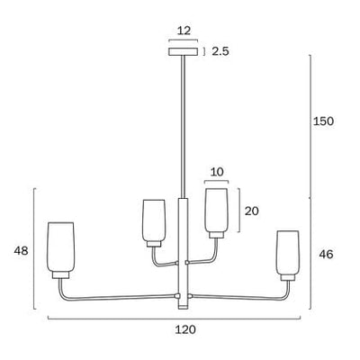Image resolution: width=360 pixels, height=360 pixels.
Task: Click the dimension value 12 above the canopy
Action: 184,31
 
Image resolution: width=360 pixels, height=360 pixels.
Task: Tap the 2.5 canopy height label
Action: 220,51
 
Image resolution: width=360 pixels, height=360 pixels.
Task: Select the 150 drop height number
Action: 324,121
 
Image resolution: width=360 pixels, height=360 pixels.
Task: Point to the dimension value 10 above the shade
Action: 215,172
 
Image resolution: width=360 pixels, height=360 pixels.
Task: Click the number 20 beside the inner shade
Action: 252,210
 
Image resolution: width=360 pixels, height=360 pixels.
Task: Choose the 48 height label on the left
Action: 22,254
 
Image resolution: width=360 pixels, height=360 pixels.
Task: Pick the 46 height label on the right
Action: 326,255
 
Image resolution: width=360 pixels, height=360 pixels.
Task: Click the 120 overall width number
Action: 185,330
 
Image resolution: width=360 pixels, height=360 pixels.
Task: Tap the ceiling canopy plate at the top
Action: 184,51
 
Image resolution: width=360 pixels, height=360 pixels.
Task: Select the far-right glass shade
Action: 287,255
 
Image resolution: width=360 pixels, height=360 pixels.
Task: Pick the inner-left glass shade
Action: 154,221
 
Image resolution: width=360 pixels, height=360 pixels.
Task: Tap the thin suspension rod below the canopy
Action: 184,126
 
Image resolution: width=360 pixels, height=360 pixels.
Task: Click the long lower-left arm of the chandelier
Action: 121,295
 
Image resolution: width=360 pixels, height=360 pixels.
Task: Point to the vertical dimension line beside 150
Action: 310,126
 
